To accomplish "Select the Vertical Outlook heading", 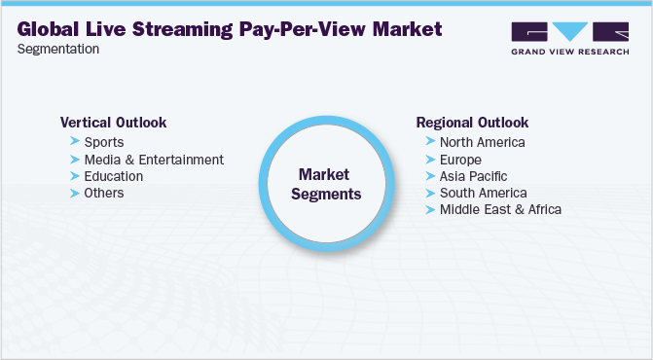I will [113, 123].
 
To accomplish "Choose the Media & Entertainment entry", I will [154, 160].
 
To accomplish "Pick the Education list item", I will [114, 176].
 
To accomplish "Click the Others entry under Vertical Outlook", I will [104, 193].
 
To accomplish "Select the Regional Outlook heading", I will [472, 123].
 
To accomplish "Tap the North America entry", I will [482, 142].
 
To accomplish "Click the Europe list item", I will [460, 160].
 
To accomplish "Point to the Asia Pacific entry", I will [473, 176].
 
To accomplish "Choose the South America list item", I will [482, 193].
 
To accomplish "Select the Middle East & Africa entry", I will [500, 209].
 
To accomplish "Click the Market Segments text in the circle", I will [329, 184].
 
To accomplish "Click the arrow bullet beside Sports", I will [75, 142].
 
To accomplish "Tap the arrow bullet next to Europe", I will [430, 160].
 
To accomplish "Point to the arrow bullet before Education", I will [75, 176].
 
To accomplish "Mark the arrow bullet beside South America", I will [430, 193].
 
